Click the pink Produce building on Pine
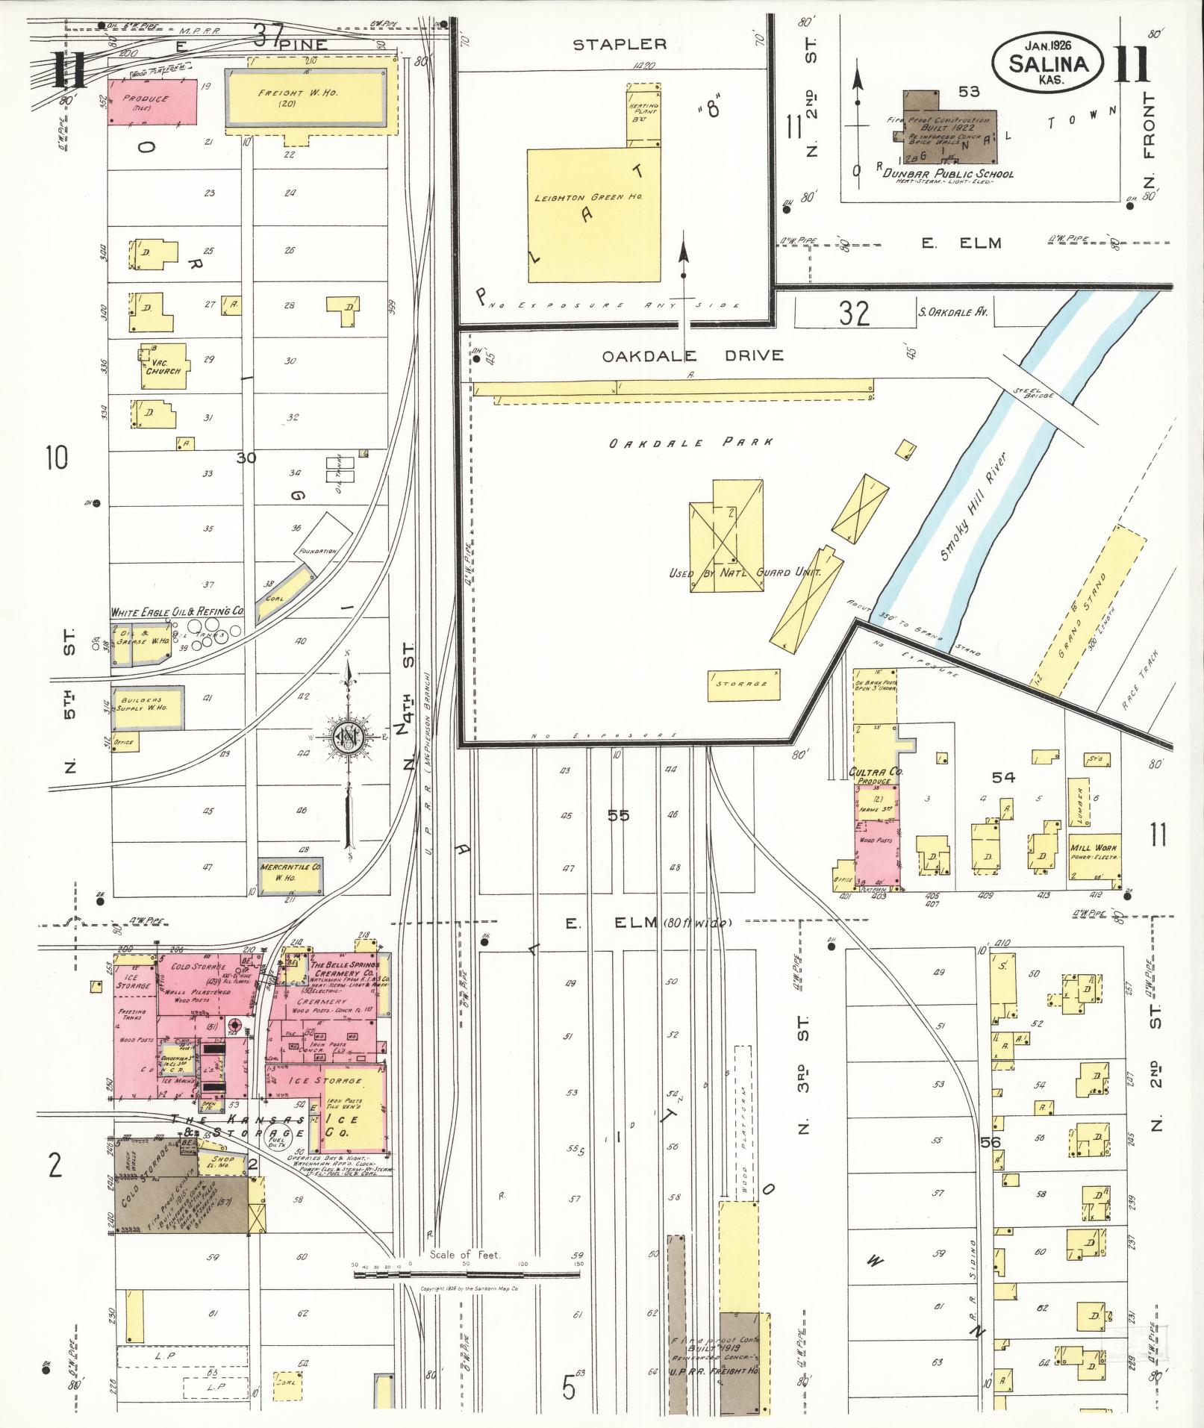point(152,102)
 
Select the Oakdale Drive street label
point(693,355)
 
